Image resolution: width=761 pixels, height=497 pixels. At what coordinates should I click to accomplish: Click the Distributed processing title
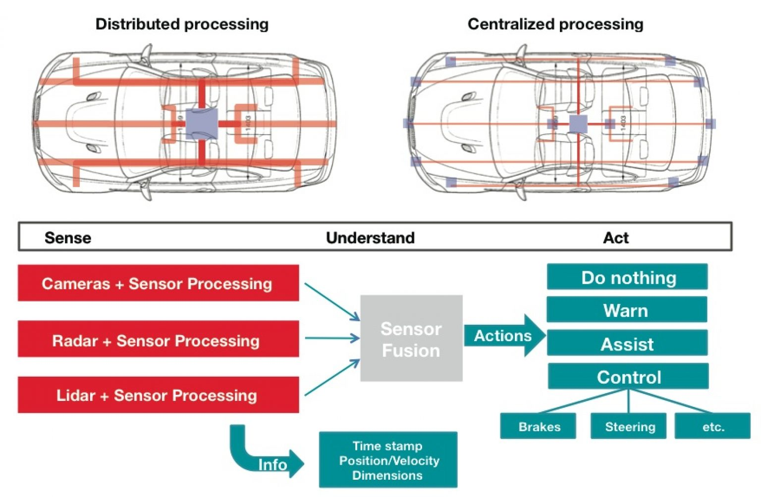click(182, 24)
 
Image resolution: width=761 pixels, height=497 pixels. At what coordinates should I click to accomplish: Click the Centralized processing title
click(555, 24)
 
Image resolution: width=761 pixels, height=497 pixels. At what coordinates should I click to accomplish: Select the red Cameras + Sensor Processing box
click(158, 283)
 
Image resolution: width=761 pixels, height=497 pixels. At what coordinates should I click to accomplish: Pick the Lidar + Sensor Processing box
click(158, 395)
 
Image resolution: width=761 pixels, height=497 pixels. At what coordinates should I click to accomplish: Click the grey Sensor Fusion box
click(411, 339)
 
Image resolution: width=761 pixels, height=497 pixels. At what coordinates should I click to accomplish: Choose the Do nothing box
click(627, 277)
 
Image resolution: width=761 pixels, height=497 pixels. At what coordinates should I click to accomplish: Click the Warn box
click(626, 310)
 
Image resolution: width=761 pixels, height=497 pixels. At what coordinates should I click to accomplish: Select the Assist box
click(627, 343)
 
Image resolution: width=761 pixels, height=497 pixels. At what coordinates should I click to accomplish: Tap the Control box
click(628, 376)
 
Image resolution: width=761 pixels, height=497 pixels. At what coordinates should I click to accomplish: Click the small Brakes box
click(538, 426)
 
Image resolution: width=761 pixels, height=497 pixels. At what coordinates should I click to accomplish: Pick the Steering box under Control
click(629, 426)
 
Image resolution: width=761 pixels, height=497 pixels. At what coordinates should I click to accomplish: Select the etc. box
click(712, 426)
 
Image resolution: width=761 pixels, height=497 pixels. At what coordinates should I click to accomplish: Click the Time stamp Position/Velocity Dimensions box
click(388, 460)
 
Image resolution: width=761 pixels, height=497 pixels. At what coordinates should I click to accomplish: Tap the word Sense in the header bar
click(68, 238)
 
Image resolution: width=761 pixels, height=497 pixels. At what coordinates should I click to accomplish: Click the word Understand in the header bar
click(370, 238)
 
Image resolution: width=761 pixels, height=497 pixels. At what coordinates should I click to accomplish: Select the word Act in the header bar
click(615, 238)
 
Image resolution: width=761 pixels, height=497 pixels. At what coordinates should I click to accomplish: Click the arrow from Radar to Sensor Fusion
click(332, 339)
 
